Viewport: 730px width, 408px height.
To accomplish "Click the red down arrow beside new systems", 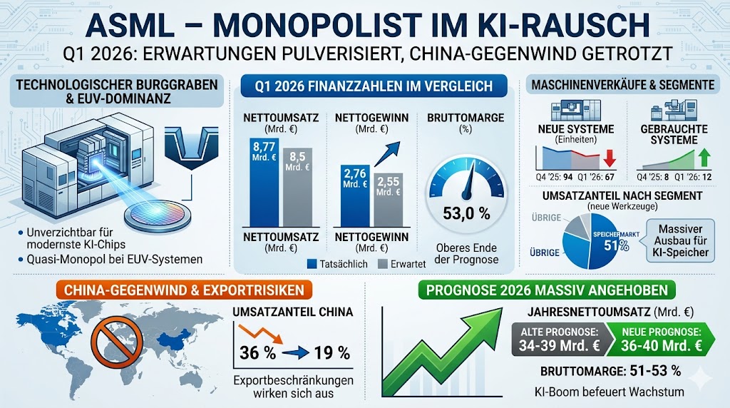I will click(608, 158).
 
